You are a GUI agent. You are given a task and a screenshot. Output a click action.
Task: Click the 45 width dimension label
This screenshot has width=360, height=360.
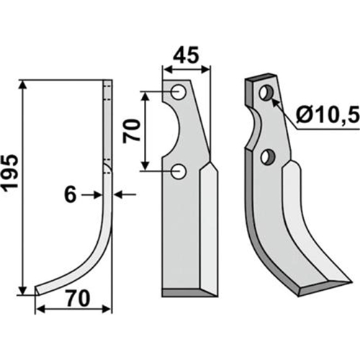click(186, 55)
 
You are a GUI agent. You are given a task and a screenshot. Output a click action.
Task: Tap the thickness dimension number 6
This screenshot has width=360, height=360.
click(71, 195)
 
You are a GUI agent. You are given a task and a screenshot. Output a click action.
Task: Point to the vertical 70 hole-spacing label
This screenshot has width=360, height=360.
click(131, 131)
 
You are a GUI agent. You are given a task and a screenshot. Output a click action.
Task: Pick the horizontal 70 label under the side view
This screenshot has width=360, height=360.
click(78, 299)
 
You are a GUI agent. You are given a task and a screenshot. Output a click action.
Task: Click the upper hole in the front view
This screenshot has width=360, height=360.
click(179, 92)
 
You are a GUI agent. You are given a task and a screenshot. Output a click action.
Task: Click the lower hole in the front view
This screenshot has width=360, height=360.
click(179, 171)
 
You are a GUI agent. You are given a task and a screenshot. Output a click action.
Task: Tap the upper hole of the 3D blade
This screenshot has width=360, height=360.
click(266, 93)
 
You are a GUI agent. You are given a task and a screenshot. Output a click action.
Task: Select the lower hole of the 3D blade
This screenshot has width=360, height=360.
click(267, 157)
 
